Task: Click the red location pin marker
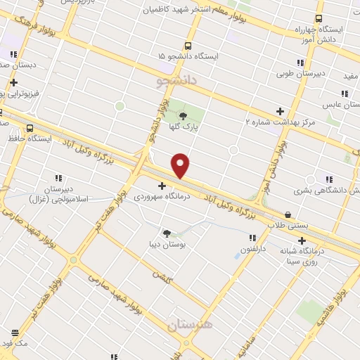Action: pos(181,165)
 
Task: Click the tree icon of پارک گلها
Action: pos(184,116)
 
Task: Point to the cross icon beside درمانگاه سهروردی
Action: pos(162,186)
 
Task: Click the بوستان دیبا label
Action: pos(167,245)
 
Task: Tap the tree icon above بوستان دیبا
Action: pos(167,233)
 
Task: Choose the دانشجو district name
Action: pos(179,82)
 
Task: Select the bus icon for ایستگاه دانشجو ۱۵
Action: pos(188,44)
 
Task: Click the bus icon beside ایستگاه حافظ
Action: pos(30,128)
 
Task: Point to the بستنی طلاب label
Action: pos(287,226)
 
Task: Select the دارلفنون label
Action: pos(255,249)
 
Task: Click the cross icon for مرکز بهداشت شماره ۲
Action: pos(280,110)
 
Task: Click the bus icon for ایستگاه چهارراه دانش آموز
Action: pos(319,19)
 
